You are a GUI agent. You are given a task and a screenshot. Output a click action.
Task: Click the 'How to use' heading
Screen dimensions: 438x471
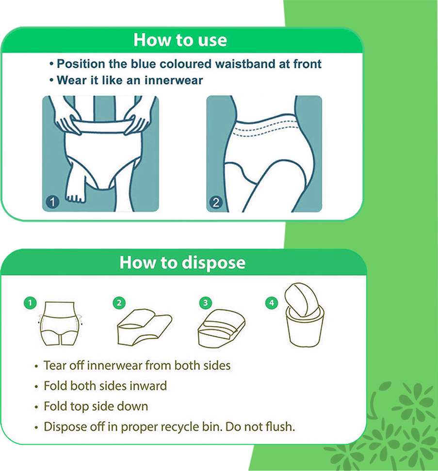(x=180, y=40)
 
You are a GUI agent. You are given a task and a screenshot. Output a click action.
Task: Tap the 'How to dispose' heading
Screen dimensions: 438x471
(x=182, y=263)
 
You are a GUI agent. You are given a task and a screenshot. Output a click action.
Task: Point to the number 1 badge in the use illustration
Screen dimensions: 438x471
(x=52, y=202)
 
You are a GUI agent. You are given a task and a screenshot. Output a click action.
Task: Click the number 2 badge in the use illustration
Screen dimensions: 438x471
(x=215, y=202)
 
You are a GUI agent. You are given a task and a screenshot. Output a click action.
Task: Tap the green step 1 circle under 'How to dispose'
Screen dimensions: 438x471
(x=30, y=303)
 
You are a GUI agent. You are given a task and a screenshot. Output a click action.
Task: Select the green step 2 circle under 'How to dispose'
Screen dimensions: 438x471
(x=119, y=303)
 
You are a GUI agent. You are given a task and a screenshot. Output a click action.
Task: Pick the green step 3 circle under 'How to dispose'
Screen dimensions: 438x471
(x=206, y=303)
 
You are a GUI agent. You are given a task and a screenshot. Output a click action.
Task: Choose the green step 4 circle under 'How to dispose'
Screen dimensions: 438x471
(x=272, y=303)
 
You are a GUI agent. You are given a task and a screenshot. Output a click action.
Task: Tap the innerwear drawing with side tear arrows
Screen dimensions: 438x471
(x=61, y=324)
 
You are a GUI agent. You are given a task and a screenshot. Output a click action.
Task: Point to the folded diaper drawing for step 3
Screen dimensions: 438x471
(x=221, y=329)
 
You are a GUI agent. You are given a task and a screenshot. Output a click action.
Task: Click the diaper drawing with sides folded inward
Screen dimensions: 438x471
(x=144, y=327)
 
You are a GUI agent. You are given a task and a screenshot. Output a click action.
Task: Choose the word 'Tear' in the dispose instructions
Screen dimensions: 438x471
(x=55, y=365)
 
